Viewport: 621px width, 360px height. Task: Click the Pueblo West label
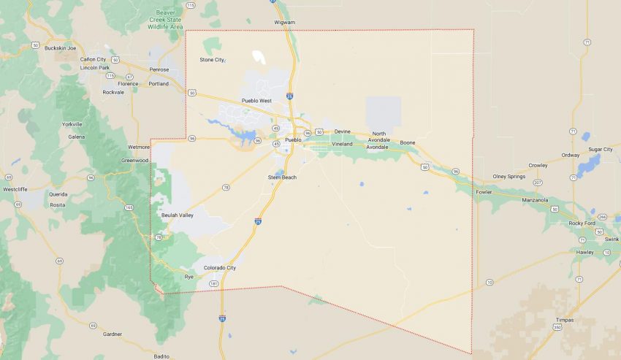[256, 101]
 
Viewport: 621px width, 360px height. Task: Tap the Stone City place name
[212, 59]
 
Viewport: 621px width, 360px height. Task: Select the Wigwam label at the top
[284, 22]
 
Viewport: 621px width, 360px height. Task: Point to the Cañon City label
[93, 58]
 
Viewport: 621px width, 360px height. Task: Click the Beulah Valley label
[177, 215]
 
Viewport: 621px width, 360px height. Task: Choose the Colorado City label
[220, 268]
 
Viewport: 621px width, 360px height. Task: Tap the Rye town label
[189, 277]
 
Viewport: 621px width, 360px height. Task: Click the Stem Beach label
[282, 177]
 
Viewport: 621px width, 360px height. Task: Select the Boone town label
[407, 142]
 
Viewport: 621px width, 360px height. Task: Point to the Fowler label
[484, 192]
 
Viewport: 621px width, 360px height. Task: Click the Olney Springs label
[509, 176]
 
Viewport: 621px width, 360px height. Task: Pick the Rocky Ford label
[582, 223]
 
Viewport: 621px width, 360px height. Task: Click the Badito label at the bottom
[161, 356]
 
